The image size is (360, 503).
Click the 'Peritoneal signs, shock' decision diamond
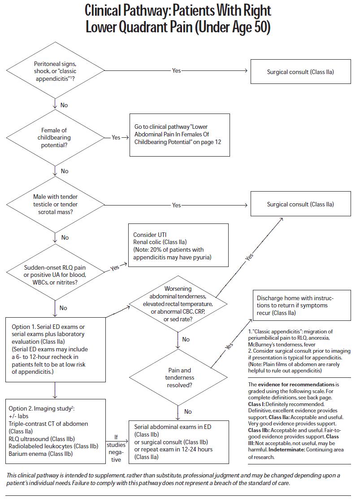pyautogui.click(x=56, y=70)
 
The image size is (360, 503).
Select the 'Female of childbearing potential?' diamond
pyautogui.click(x=56, y=138)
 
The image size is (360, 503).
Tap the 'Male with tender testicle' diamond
pyautogui.click(x=56, y=204)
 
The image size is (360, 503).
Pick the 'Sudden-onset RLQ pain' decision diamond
pyautogui.click(x=56, y=272)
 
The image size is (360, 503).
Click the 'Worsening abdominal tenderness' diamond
pyautogui.click(x=178, y=304)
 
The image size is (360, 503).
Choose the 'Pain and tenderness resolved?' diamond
pyautogui.click(x=178, y=377)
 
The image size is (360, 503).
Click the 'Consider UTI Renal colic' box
pyautogui.click(x=178, y=245)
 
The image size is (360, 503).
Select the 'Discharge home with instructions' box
pyautogui.click(x=300, y=306)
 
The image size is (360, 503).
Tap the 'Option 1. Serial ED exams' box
pyautogui.click(x=56, y=350)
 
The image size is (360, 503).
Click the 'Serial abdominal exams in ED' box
pyautogui.click(x=179, y=442)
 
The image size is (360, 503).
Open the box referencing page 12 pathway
pyautogui.click(x=179, y=135)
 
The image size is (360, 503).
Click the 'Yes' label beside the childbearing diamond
pyautogui.click(x=116, y=138)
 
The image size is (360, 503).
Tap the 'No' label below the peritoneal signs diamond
pyautogui.click(x=64, y=105)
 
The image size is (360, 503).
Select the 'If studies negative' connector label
pyautogui.click(x=116, y=448)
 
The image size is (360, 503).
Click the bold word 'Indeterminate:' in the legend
pyautogui.click(x=286, y=450)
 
